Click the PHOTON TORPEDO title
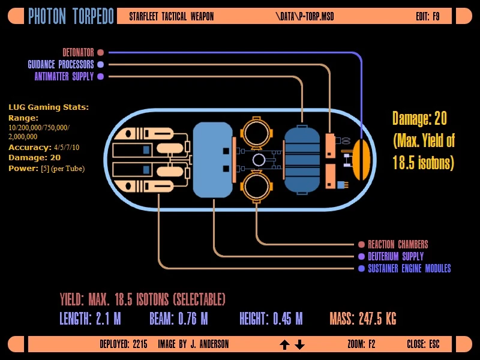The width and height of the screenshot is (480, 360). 71,16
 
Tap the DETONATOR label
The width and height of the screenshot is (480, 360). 78,52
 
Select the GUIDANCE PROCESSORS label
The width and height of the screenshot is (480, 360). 61,64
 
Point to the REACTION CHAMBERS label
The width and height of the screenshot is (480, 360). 398,244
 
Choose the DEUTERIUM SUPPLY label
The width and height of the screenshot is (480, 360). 395,256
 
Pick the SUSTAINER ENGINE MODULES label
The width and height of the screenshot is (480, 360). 409,268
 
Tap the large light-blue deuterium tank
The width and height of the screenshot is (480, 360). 212,160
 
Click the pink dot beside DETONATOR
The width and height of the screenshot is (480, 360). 100,52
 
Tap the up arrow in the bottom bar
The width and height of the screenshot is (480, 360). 285,344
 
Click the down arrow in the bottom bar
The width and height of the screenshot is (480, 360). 300,344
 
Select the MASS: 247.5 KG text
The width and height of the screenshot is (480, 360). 362,319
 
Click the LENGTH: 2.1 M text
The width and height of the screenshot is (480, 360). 90,319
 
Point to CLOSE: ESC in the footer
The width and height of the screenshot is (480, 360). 423,344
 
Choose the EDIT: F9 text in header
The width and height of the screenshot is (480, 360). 427,16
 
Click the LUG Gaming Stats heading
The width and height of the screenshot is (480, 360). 49,107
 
